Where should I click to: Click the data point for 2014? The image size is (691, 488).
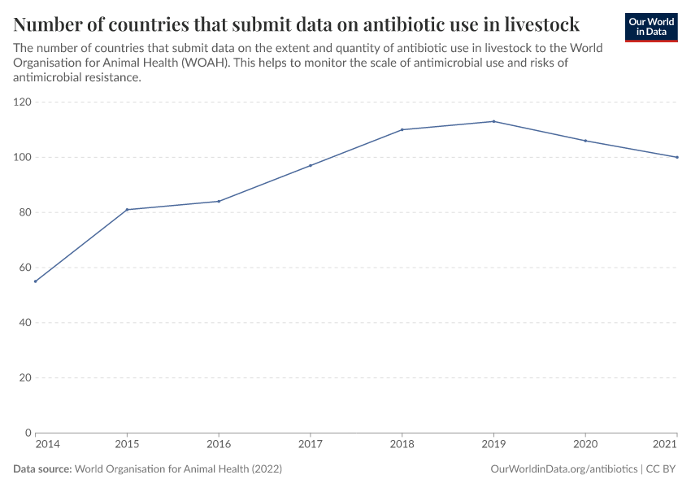35,281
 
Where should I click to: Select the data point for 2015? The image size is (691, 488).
127,210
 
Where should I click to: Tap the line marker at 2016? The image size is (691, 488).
219,201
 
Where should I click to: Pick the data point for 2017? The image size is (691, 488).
311,165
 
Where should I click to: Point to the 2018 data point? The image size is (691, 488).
402,129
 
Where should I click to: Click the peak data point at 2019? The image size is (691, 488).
493,121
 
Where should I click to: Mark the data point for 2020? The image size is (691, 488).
585,141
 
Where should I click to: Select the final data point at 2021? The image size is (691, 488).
677,157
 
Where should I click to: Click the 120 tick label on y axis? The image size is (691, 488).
22,102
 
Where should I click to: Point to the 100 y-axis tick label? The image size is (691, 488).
22,157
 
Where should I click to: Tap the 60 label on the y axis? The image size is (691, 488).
25,268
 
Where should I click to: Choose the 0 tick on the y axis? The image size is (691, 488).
28,433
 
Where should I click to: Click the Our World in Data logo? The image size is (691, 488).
650,27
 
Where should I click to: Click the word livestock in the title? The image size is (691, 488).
537,24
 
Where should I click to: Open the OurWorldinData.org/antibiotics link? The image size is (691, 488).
564,469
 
